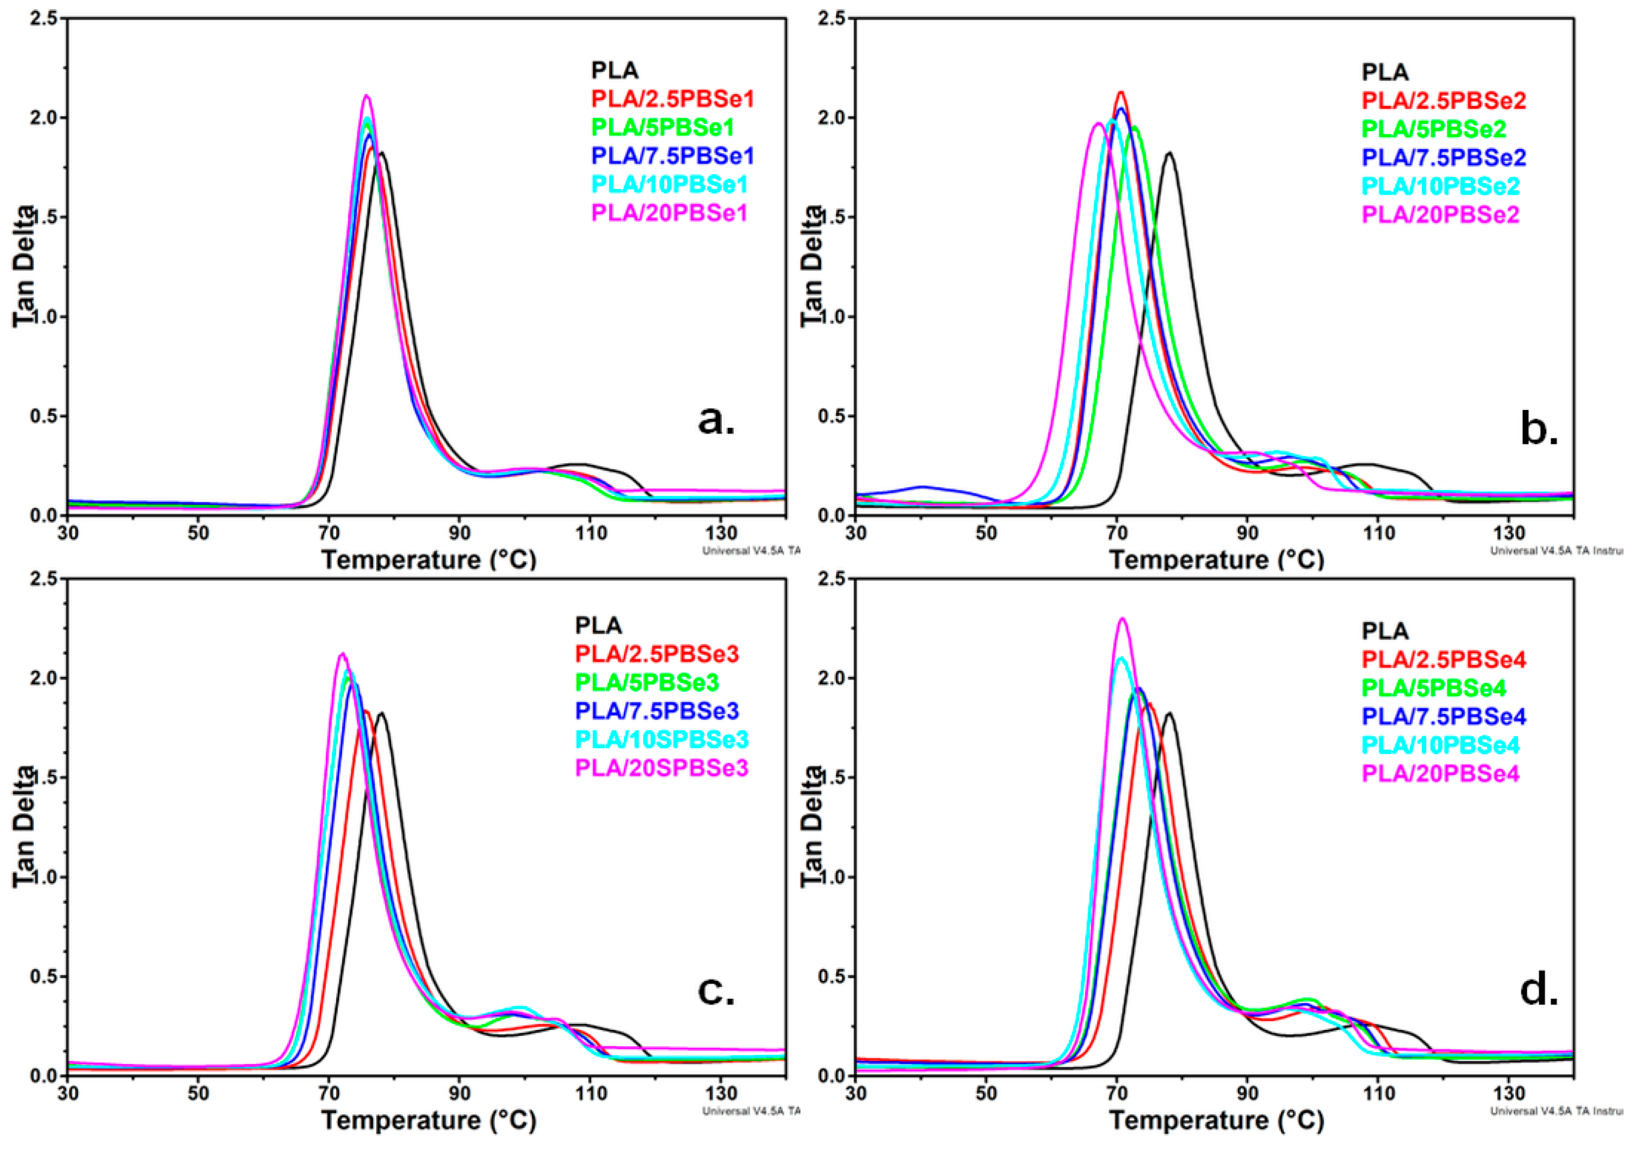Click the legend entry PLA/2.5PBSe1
point(672,99)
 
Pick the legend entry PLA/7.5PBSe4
point(1444,716)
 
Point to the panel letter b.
point(1539,430)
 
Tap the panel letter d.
point(1539,990)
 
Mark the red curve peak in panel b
point(1121,92)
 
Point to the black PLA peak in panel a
point(382,153)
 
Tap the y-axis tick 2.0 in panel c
point(44,678)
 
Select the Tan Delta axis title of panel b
point(811,267)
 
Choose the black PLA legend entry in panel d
point(1384,631)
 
